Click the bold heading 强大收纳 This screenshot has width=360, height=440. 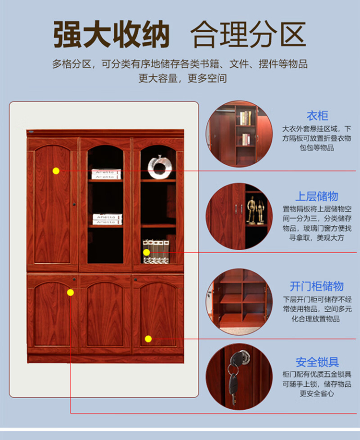point(111,35)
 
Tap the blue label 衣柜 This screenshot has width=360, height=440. point(317,116)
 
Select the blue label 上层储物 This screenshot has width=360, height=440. point(317,196)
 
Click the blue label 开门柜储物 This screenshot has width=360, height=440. point(316,286)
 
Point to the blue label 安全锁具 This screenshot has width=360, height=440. point(317,362)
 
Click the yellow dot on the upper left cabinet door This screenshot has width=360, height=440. point(56,171)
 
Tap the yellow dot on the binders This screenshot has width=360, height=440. point(146,252)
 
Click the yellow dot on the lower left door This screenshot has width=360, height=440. point(71,293)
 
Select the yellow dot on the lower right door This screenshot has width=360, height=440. point(148,339)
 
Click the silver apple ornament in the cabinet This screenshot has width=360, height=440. point(159,167)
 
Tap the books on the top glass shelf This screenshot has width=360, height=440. point(106,174)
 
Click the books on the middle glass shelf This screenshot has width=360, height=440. point(108,220)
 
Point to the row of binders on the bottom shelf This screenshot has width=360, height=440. point(156,251)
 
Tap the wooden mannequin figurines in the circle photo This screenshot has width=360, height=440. point(256,210)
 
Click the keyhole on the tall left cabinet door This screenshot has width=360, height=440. point(74,204)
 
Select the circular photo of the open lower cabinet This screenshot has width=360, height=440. point(239,302)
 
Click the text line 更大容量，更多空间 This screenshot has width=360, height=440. point(182,78)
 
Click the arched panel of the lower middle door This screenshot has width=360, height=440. point(105,314)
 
